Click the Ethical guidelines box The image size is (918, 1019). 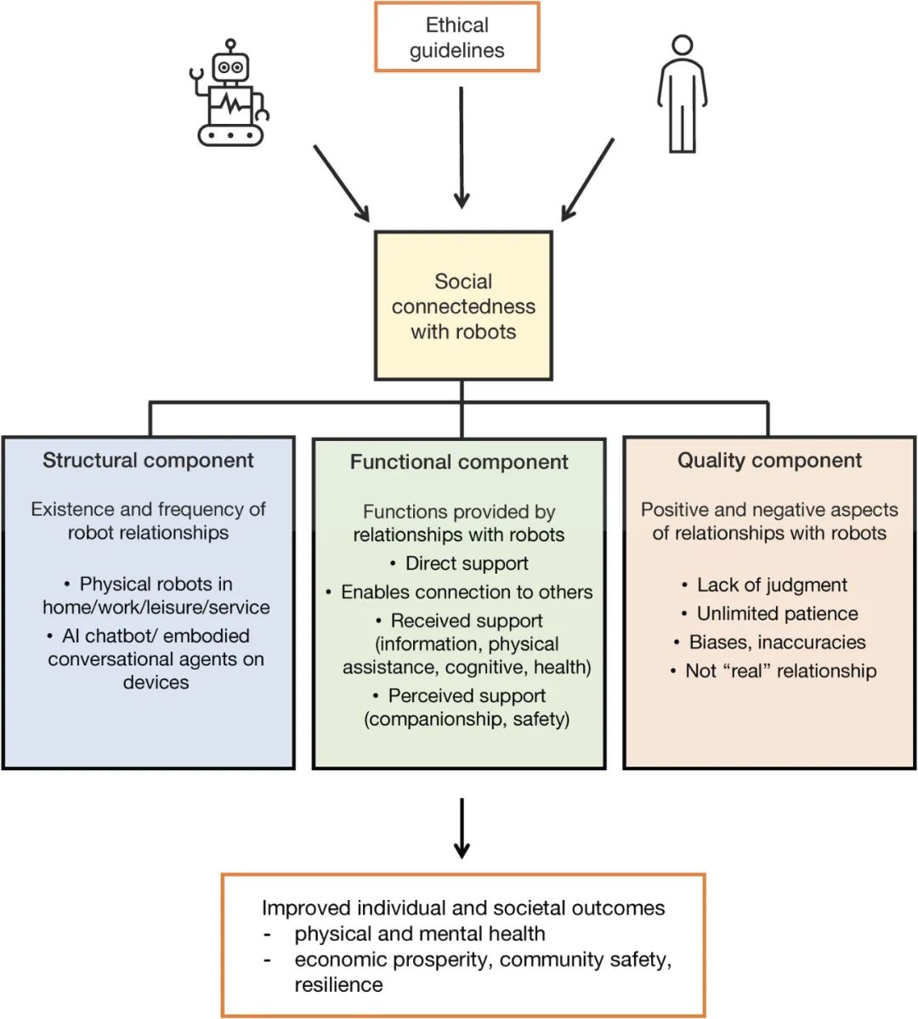(x=457, y=37)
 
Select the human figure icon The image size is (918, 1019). (x=682, y=94)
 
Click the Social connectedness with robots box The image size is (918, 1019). (x=463, y=306)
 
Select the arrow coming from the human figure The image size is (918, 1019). (x=587, y=179)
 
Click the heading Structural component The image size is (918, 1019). (x=148, y=461)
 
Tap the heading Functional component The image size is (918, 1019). (x=459, y=462)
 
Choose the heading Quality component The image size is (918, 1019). (x=769, y=461)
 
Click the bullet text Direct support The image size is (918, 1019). (x=467, y=563)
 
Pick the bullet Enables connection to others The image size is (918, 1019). (x=467, y=592)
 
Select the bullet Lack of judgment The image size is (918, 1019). (x=772, y=585)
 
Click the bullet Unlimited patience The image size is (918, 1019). (x=777, y=614)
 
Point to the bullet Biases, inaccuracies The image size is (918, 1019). (x=777, y=643)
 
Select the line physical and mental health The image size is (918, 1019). (x=420, y=934)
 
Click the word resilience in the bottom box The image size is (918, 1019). (x=338, y=985)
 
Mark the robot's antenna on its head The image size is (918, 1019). (x=230, y=44)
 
